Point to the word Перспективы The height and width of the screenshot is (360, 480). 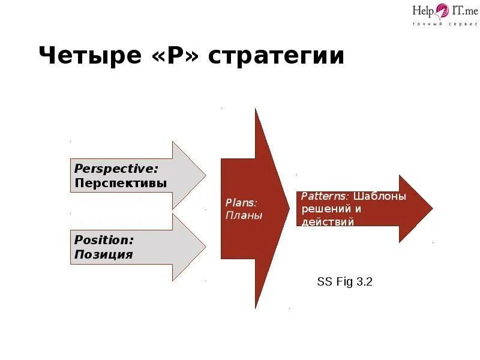(x=121, y=183)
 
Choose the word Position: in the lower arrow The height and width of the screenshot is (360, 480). (x=104, y=239)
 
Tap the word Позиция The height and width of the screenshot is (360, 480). (x=103, y=254)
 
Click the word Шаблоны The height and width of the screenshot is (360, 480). (x=380, y=196)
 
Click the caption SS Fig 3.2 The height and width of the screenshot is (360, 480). (x=344, y=281)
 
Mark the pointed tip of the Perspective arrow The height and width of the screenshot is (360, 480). (x=205, y=175)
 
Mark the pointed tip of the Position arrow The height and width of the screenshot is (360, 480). (x=205, y=247)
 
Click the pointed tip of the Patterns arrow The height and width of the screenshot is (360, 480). (x=432, y=208)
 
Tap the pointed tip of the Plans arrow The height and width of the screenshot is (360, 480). (x=289, y=208)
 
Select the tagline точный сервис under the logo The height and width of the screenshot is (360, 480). (x=440, y=24)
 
